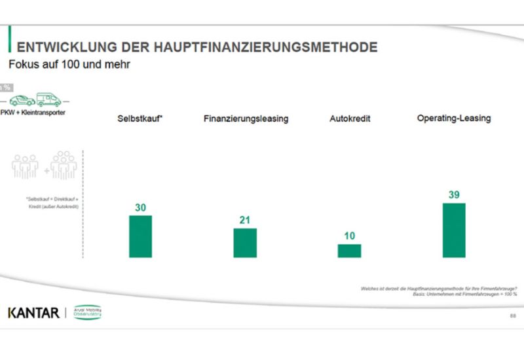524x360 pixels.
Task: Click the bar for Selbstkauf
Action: (140, 236)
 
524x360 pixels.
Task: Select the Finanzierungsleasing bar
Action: (245, 243)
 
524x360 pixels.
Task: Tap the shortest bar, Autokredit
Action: (349, 251)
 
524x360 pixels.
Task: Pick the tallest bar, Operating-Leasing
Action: (454, 230)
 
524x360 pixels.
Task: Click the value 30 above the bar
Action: (140, 206)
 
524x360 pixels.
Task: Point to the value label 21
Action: (245, 220)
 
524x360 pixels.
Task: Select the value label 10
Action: (349, 236)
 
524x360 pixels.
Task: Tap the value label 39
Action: (454, 194)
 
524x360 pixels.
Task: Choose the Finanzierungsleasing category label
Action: (246, 119)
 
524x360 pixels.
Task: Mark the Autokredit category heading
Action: (349, 119)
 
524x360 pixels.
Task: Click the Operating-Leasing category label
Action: (454, 118)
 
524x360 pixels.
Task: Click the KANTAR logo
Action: (33, 312)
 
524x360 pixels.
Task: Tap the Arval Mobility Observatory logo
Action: (86, 312)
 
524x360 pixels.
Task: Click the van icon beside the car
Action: (49, 99)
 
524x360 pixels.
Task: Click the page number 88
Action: (513, 316)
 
